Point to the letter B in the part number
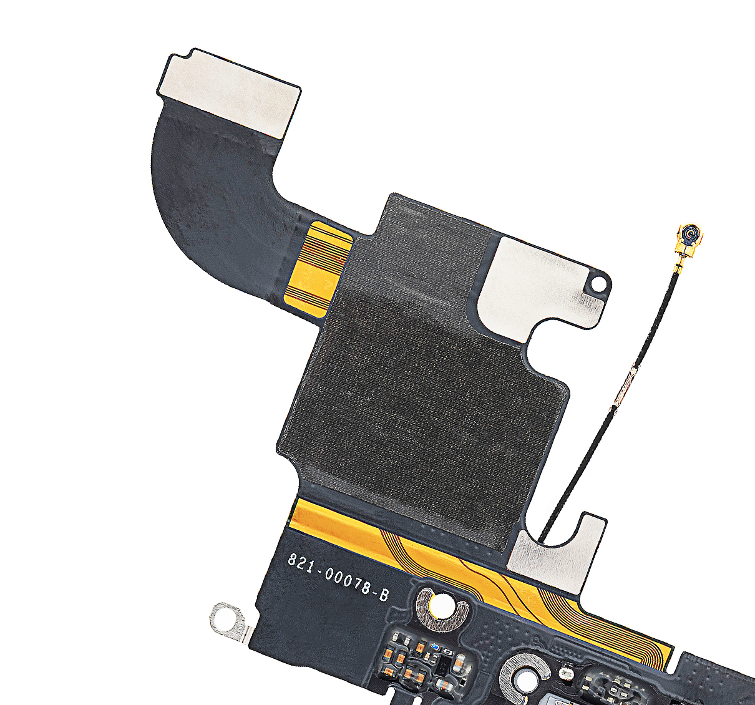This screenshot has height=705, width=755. point(384,595)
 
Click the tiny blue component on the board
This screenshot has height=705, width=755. point(434,646)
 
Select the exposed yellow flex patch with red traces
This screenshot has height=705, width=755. point(318,269)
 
